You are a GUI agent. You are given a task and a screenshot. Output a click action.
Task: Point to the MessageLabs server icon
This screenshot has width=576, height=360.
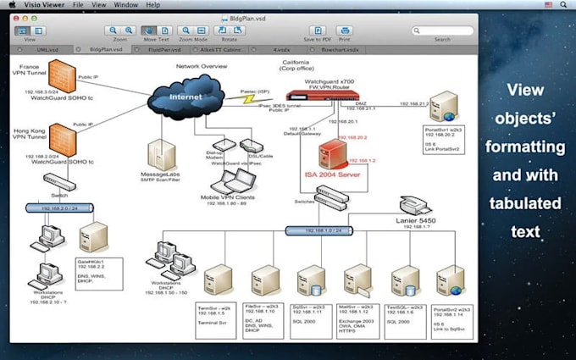coord(162,153)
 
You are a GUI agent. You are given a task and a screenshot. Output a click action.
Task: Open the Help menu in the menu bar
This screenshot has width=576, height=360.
coord(152,5)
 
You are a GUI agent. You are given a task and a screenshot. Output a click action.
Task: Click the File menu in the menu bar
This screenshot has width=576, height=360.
coord(78,5)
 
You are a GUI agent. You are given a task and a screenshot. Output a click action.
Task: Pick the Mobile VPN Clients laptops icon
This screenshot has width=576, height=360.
coord(229,179)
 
